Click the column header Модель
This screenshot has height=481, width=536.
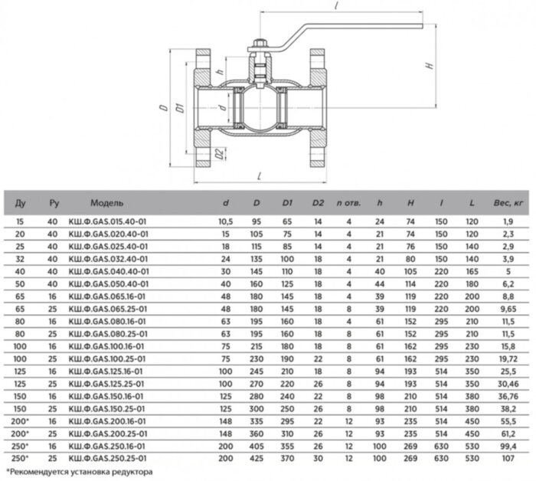coord(106,204)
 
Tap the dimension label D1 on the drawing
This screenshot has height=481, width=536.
coord(177,106)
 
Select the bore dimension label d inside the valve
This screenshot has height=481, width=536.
coord(220,105)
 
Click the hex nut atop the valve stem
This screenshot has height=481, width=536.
coord(260,47)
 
